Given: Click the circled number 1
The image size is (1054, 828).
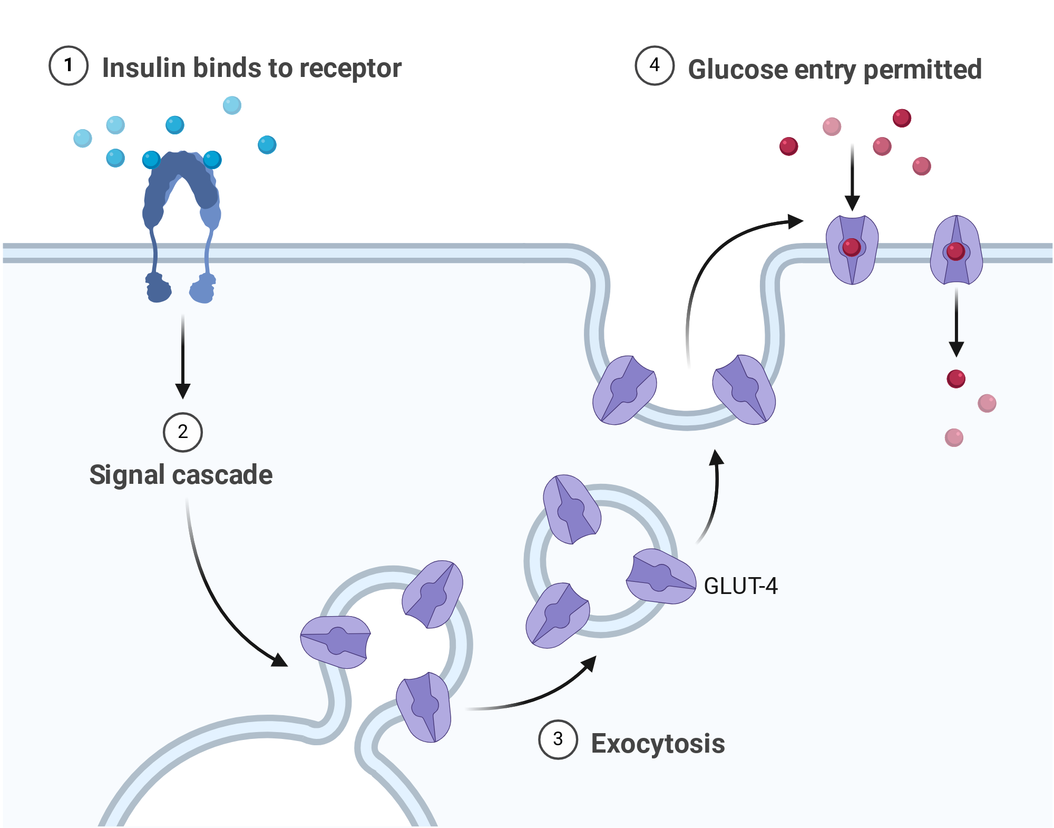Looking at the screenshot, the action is point(69,66).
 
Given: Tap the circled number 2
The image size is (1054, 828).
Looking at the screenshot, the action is point(183,432).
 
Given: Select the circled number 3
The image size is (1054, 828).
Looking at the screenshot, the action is point(558,739).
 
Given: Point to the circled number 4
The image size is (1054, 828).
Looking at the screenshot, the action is point(655,65).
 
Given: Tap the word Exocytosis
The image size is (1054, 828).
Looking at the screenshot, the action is point(658,744).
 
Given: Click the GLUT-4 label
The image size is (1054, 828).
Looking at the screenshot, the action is point(740,586).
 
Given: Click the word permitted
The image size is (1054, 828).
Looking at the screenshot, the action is point(923,70).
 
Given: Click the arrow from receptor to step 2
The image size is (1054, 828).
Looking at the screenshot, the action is point(183,356).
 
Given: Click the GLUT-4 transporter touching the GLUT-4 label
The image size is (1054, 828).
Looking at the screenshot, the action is point(661,576).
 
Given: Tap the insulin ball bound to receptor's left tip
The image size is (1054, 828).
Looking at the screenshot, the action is point(151,160).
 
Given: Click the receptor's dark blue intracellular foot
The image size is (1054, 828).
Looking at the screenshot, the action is point(158,288).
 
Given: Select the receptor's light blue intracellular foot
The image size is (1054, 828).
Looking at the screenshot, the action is point(203,288).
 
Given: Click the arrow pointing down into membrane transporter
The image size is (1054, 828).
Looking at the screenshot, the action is point(852,177).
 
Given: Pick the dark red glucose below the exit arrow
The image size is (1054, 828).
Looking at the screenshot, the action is point(956,378).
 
